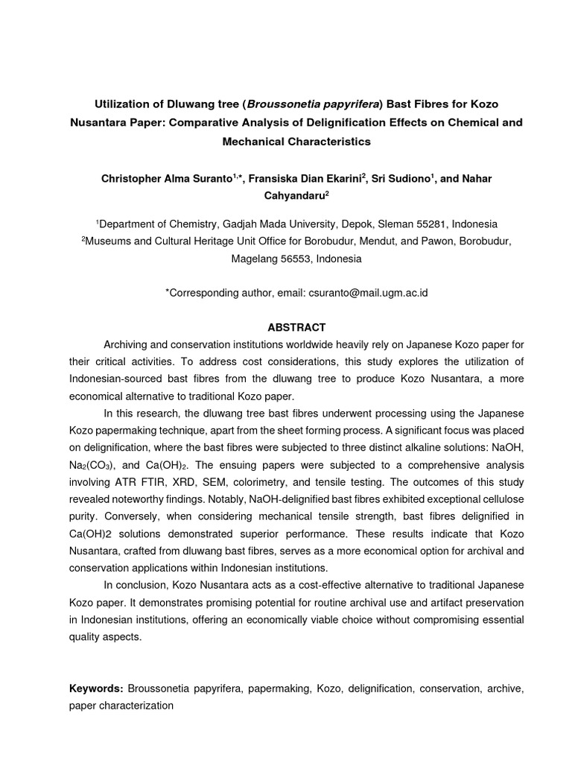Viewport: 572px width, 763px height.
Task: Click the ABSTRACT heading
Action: tap(296, 327)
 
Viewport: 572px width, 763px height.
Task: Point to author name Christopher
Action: tap(138, 179)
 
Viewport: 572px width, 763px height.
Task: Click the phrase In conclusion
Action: tap(133, 584)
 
